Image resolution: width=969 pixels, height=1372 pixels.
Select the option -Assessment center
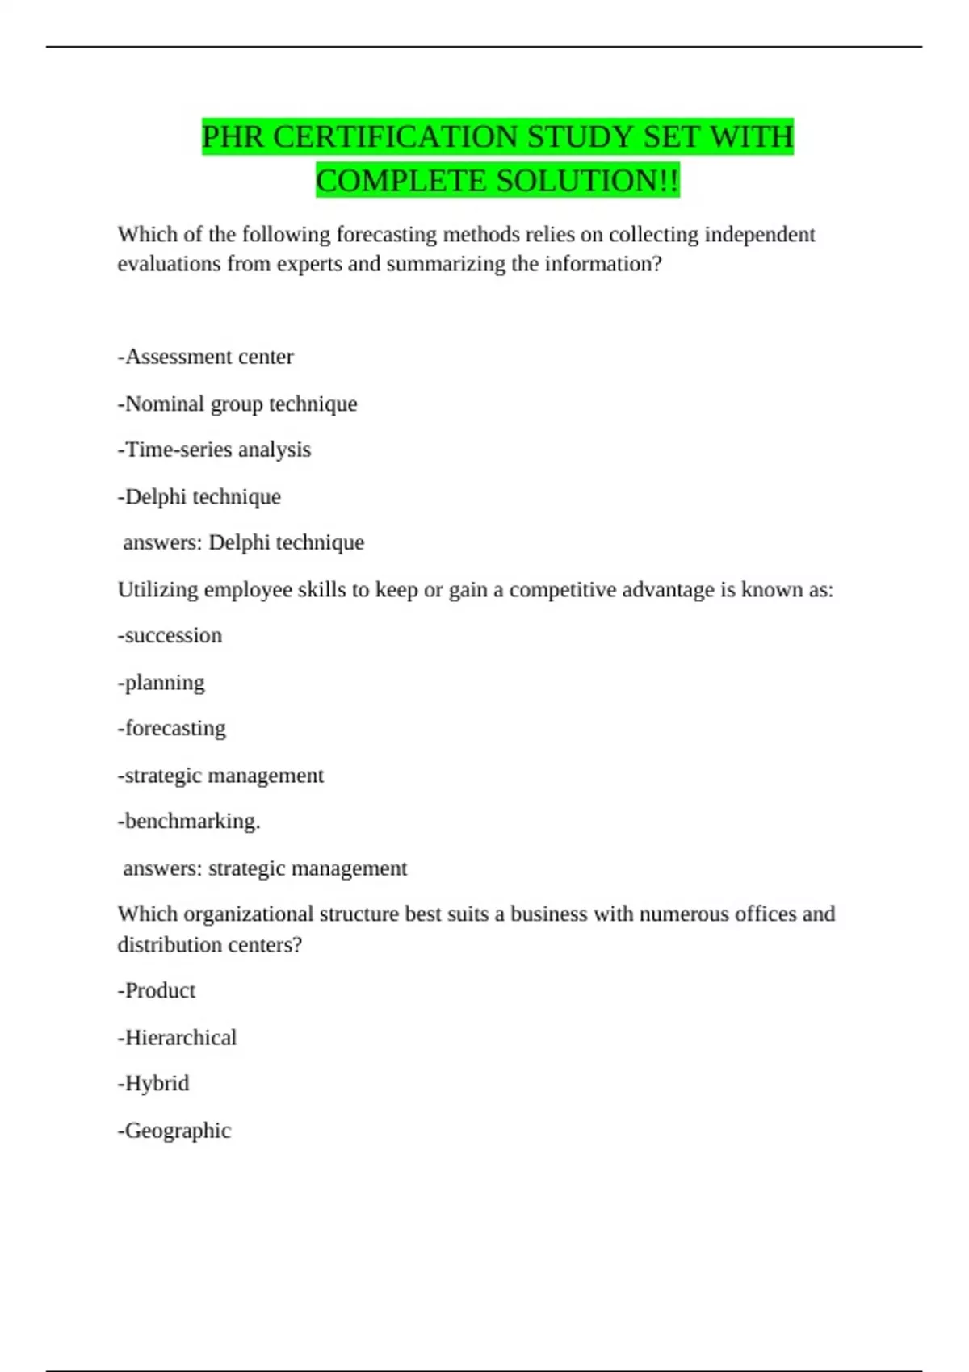tap(205, 357)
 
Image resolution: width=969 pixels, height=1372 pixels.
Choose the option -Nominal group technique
tap(237, 404)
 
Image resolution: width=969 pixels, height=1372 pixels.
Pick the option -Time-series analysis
tap(214, 450)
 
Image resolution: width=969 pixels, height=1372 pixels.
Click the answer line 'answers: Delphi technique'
tap(243, 542)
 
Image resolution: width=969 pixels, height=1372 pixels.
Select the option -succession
tap(170, 635)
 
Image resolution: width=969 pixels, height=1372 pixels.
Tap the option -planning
tap(161, 683)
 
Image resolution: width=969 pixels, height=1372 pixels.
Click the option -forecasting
tap(172, 728)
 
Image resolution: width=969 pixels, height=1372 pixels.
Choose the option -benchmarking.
tap(189, 822)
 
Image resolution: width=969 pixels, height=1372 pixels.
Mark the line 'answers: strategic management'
tap(265, 868)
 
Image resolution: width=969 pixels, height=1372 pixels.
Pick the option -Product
tap(157, 990)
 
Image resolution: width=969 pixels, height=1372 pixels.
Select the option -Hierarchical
tap(178, 1037)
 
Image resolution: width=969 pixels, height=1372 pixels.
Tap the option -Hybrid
tap(153, 1083)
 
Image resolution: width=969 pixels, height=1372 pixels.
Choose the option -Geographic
tap(174, 1131)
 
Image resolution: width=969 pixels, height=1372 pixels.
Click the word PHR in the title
tap(233, 137)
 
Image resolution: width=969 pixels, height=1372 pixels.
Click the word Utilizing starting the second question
tap(157, 590)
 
